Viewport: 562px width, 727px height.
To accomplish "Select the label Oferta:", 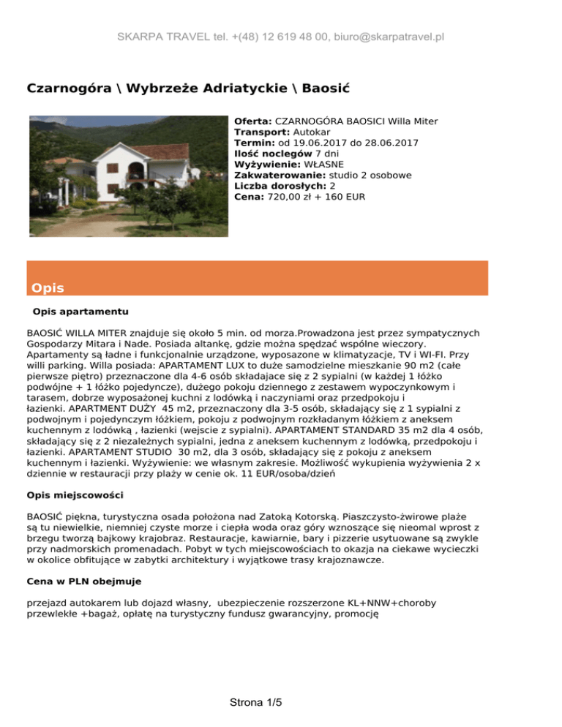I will click(253, 121).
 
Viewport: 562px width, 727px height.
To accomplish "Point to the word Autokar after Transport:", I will click(302, 132).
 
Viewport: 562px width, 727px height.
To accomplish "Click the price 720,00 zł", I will click(291, 197).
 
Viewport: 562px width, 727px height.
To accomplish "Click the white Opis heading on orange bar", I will click(48, 288).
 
